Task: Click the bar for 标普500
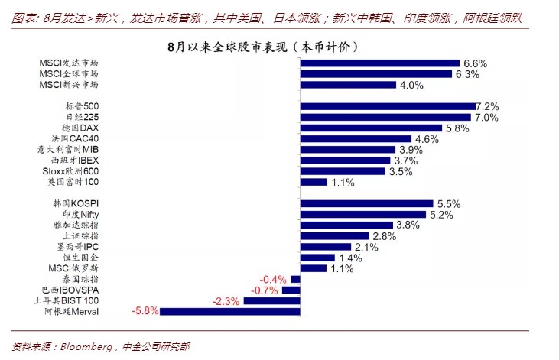388,106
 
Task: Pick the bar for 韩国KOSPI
367,204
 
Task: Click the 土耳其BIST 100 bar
271,301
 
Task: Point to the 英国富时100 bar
314,182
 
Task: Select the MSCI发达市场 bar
380,63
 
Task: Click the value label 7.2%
487,106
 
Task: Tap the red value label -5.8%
145,312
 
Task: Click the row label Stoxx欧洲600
70,171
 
